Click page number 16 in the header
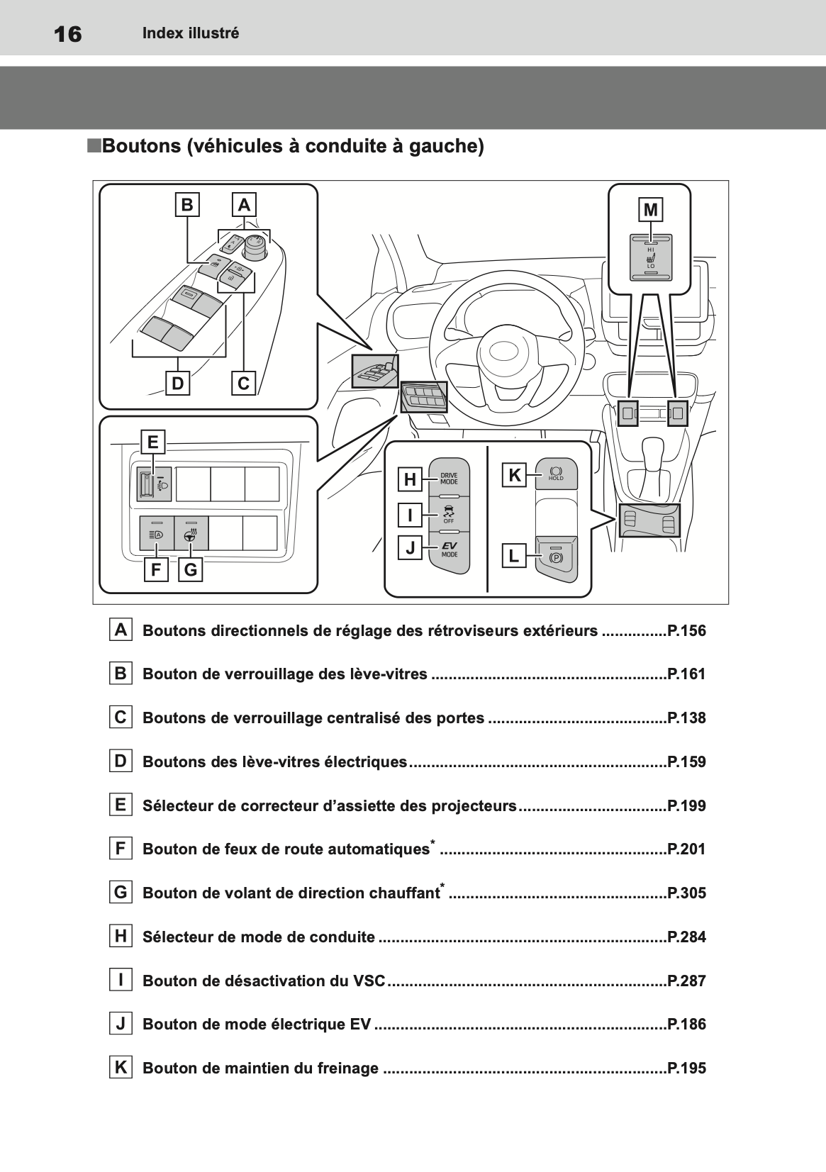click(x=68, y=33)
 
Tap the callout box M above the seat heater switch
click(x=650, y=210)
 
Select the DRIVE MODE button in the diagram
click(x=449, y=478)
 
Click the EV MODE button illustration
click(x=449, y=550)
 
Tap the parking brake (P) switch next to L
click(x=556, y=557)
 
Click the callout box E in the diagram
click(x=152, y=442)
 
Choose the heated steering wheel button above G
click(x=189, y=535)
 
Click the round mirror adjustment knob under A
click(x=255, y=246)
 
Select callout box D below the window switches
click(x=177, y=384)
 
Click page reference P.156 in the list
click(x=686, y=630)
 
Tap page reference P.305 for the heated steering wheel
click(x=686, y=893)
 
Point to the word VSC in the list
click(x=369, y=981)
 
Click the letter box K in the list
click(x=121, y=1067)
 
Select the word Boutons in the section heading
click(x=142, y=146)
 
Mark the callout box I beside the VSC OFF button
click(x=410, y=514)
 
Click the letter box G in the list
click(x=121, y=892)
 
